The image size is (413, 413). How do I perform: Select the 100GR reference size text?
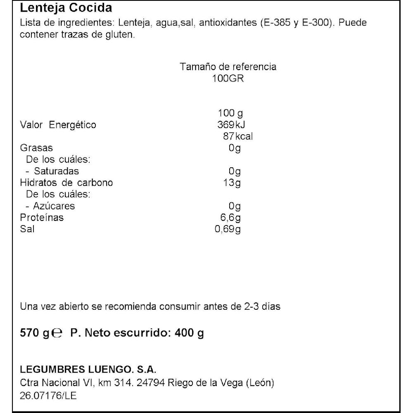(228, 78)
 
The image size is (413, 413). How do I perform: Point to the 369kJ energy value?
(228, 125)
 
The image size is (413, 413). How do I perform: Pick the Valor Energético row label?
(58, 125)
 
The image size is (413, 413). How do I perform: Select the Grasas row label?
(36, 148)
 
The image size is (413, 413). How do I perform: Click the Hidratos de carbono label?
(66, 183)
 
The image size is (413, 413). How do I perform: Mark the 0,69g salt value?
(228, 229)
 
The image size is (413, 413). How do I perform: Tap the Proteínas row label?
(42, 217)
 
